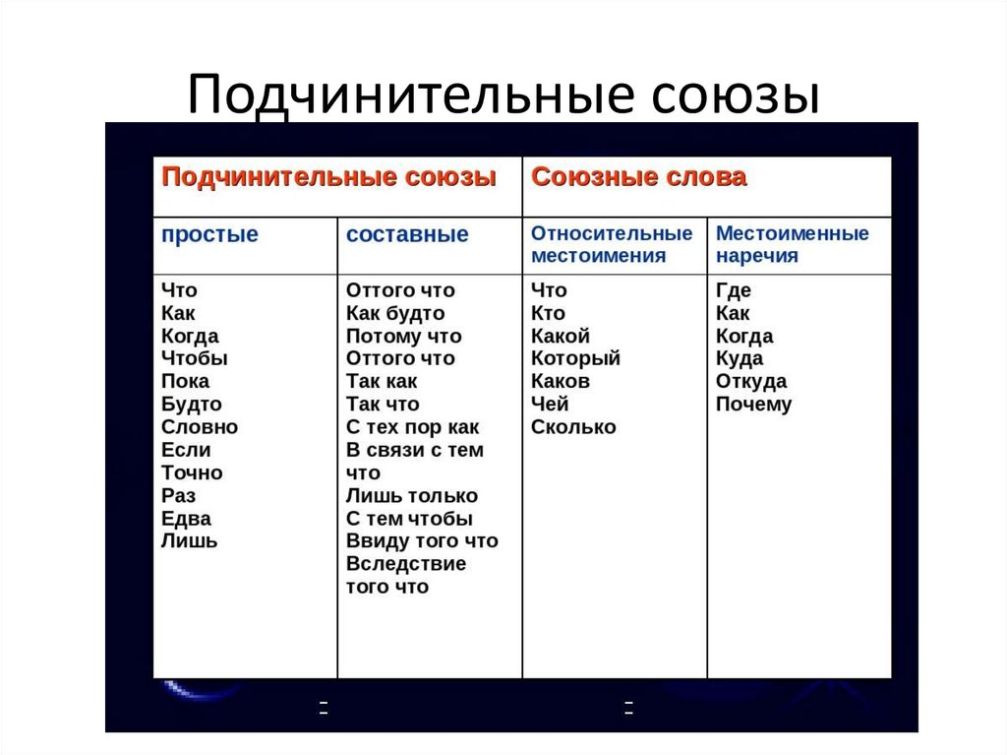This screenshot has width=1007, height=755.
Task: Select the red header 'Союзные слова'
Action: (x=638, y=177)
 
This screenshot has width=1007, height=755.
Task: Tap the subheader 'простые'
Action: (x=209, y=235)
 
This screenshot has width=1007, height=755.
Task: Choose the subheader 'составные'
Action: (x=407, y=235)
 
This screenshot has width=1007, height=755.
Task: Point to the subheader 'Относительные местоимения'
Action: (x=612, y=245)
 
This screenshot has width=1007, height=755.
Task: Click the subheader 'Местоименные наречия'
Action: (x=792, y=245)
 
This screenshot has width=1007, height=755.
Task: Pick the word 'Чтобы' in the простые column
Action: (x=194, y=358)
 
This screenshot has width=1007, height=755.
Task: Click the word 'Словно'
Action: (x=200, y=427)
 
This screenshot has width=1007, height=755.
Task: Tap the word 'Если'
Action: (x=186, y=450)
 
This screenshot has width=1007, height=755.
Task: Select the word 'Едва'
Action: (x=186, y=519)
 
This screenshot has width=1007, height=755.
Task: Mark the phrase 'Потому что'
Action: (x=403, y=336)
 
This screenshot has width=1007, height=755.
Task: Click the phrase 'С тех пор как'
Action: (x=412, y=427)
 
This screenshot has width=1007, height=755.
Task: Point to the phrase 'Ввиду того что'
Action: (x=422, y=541)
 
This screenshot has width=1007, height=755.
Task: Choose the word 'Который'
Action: (x=575, y=358)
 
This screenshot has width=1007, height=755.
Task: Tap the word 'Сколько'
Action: (x=573, y=427)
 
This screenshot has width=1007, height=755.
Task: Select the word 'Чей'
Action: (x=550, y=405)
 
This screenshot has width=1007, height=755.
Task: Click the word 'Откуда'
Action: (x=751, y=382)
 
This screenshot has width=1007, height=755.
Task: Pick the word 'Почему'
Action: (x=753, y=405)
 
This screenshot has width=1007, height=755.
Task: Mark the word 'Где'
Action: (x=733, y=290)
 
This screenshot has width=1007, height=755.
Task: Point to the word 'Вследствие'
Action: (x=406, y=564)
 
